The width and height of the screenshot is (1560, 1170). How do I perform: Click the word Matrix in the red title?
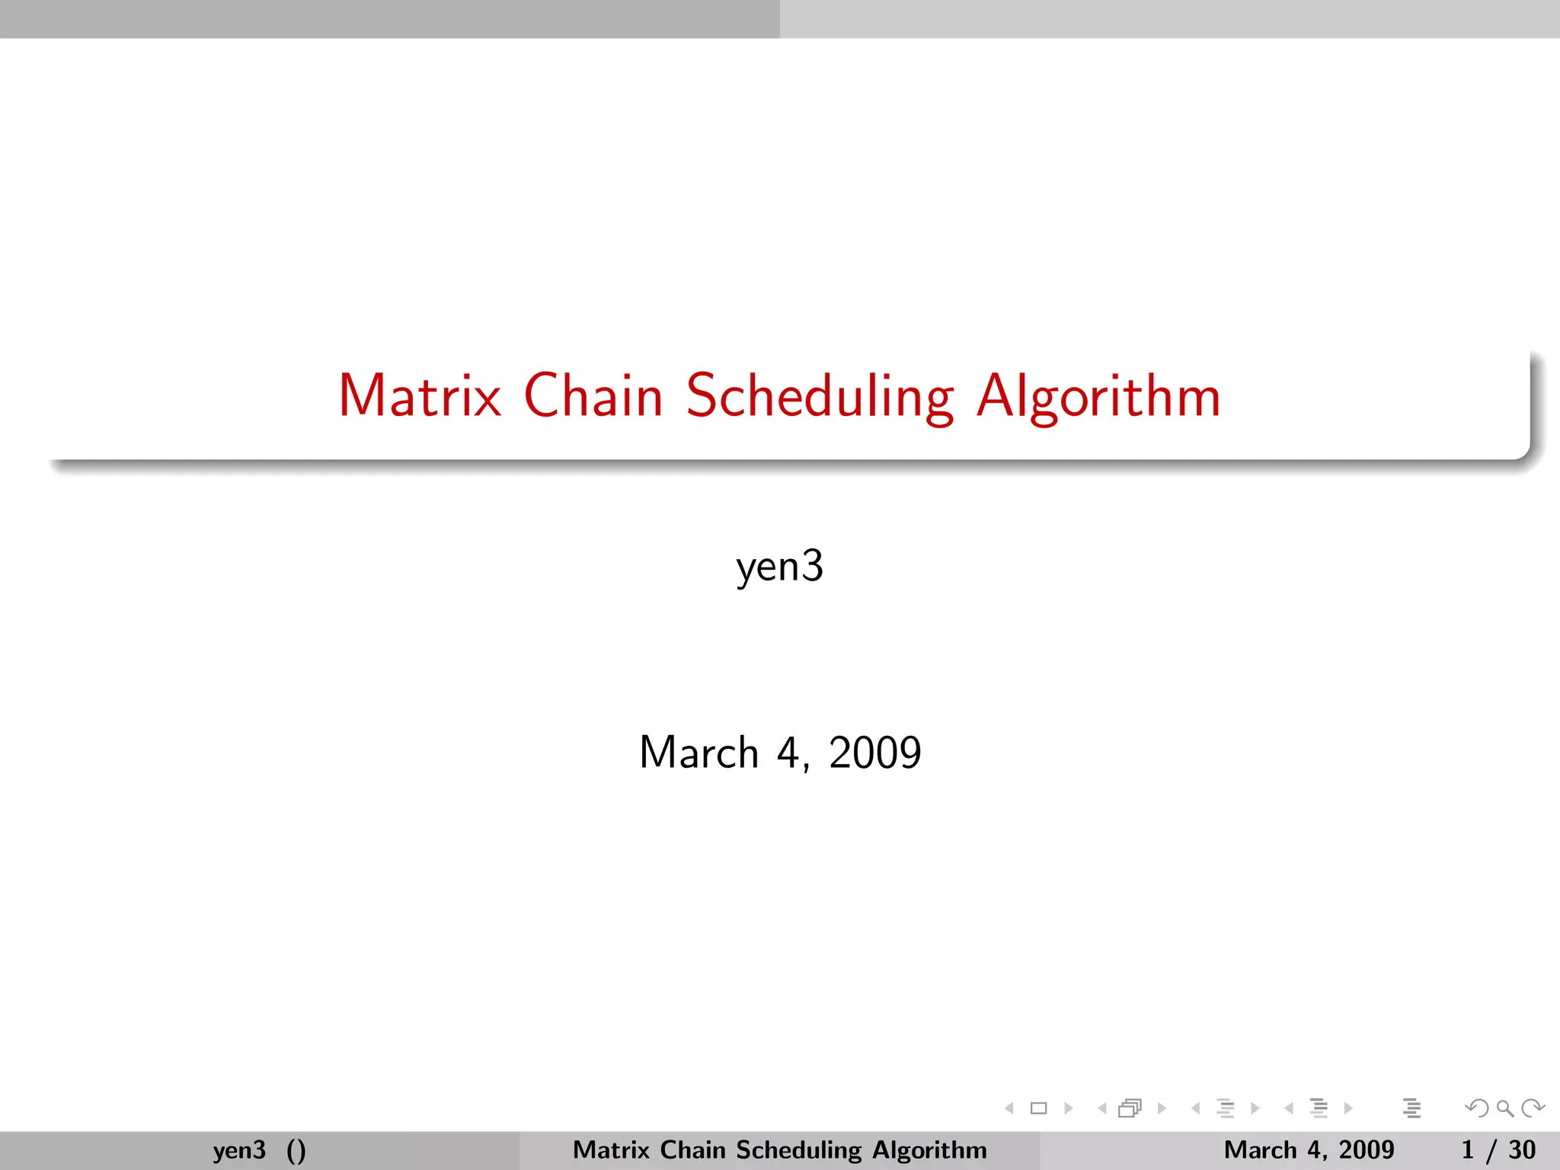coord(420,396)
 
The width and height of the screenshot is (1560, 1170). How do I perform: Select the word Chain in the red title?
coord(593,396)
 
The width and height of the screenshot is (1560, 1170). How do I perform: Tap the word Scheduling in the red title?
coord(820,398)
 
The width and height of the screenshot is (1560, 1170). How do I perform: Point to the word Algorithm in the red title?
coord(1098,398)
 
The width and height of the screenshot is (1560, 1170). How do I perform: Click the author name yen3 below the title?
coord(780,567)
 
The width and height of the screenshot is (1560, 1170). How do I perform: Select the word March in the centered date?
coord(698,753)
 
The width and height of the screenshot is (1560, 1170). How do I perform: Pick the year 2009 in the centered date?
coord(874,753)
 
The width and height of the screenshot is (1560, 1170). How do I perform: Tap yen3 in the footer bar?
coord(239,1149)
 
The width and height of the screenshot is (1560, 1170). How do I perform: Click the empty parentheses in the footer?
coord(296,1150)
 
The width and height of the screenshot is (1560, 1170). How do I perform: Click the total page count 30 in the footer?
coord(1522,1149)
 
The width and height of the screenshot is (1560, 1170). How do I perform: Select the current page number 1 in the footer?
coord(1468,1149)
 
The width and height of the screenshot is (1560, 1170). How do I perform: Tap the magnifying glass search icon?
coord(1504,1108)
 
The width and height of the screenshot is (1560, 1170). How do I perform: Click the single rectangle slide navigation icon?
coord(1038,1108)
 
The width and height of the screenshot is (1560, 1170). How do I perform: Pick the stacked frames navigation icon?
coord(1130,1108)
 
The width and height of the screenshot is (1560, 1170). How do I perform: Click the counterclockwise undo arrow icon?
coord(1477,1108)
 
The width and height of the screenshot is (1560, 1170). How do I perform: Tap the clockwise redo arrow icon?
coord(1533,1108)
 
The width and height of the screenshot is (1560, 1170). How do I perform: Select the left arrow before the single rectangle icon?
coord(1009,1108)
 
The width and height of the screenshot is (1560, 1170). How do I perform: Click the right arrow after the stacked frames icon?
coord(1162,1108)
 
